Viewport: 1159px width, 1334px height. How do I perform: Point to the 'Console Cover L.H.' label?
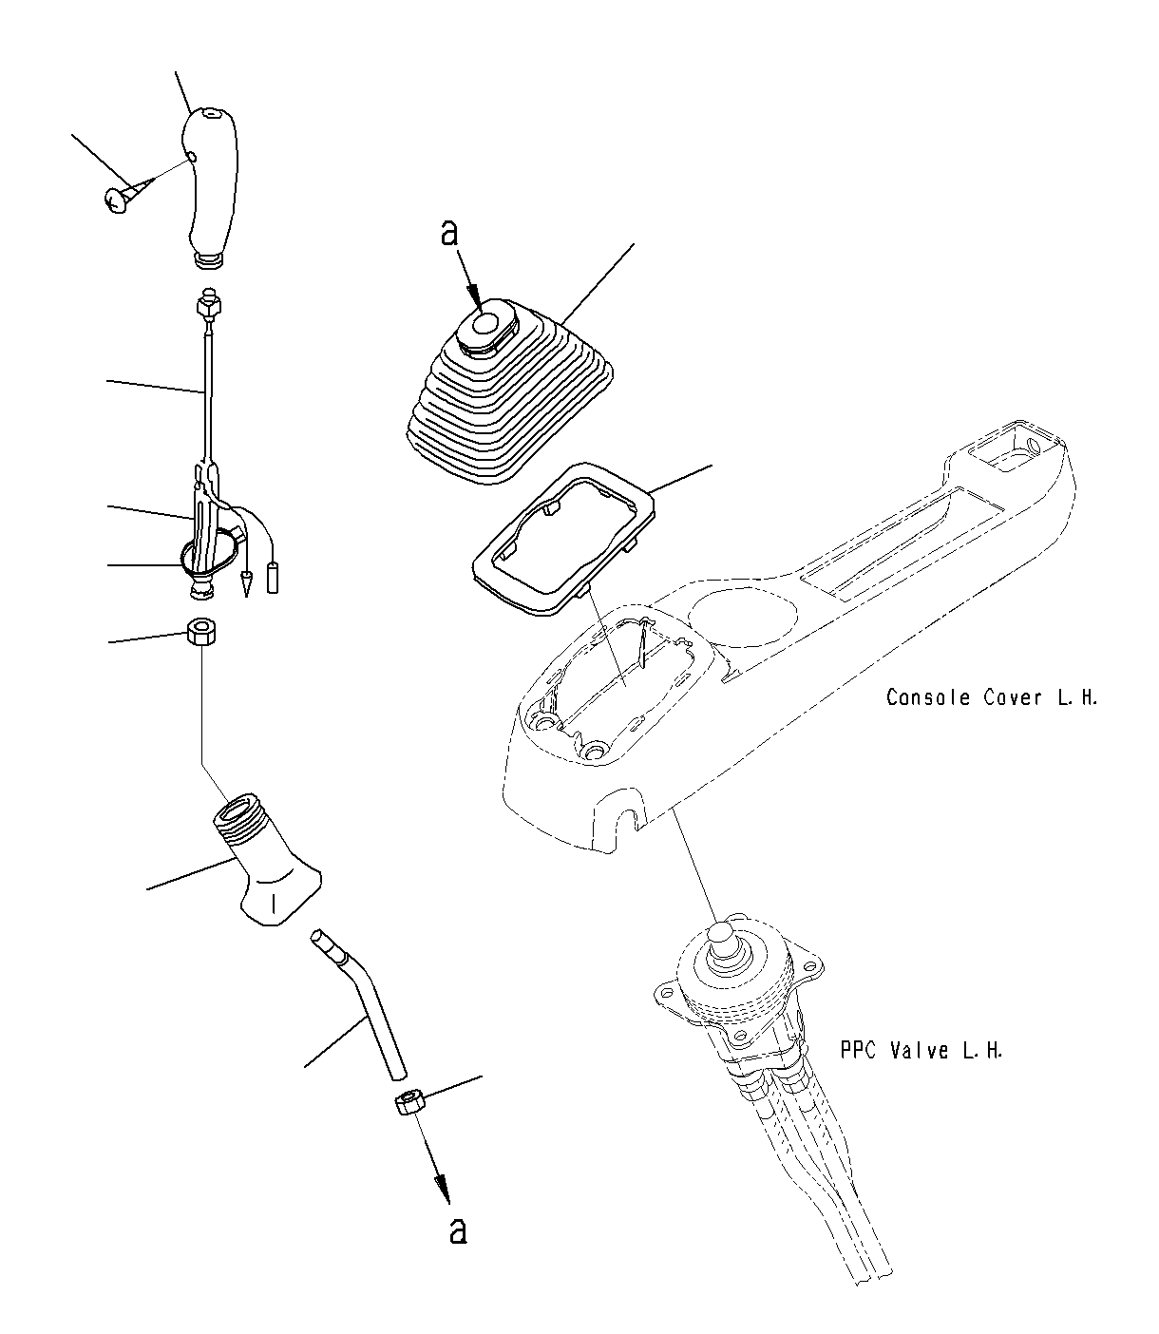[991, 697]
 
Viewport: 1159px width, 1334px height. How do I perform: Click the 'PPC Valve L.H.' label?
[921, 1051]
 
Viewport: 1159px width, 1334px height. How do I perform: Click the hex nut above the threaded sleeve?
[201, 632]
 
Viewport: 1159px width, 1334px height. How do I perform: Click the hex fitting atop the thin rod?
[206, 307]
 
